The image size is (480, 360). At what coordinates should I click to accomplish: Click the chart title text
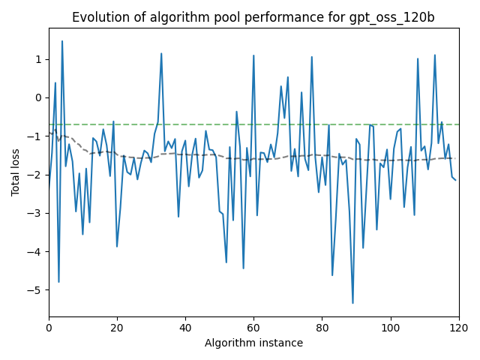pyautogui.click(x=253, y=17)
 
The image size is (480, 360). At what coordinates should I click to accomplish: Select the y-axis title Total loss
pyautogui.click(x=16, y=172)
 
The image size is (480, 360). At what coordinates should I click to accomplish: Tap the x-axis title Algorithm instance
pyautogui.click(x=253, y=343)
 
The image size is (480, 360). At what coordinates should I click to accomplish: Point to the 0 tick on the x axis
pyautogui.click(x=49, y=328)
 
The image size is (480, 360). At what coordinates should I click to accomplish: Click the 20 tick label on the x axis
pyautogui.click(x=117, y=328)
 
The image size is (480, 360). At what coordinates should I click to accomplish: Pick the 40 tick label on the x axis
pyautogui.click(x=185, y=328)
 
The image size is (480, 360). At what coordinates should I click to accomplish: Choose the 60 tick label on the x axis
pyautogui.click(x=253, y=328)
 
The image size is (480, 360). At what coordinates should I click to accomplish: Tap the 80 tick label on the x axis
pyautogui.click(x=322, y=328)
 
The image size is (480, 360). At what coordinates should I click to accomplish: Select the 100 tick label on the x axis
pyautogui.click(x=390, y=328)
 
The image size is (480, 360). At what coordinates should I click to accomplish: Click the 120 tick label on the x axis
pyautogui.click(x=458, y=328)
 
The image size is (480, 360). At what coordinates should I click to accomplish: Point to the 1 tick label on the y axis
pyautogui.click(x=37, y=59)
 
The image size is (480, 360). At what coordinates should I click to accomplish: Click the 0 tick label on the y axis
pyautogui.click(x=37, y=97)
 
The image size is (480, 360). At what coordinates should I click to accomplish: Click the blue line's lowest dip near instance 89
pyautogui.click(x=352, y=303)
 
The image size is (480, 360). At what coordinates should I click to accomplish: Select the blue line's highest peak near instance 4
pyautogui.click(x=62, y=41)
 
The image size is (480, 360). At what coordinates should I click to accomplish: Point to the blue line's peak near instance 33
pyautogui.click(x=161, y=53)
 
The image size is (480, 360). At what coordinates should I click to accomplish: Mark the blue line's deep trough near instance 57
pyautogui.click(x=243, y=268)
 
